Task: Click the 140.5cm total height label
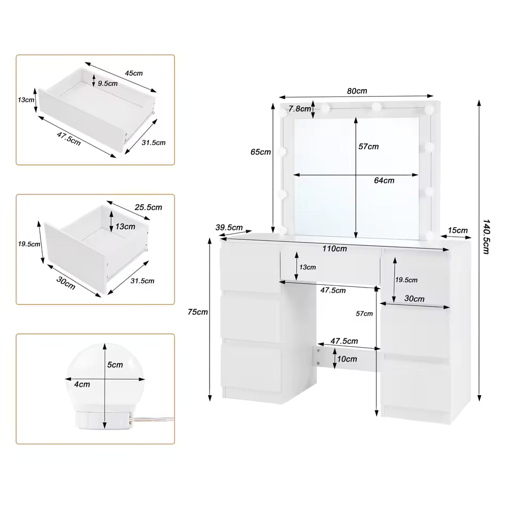tap(486, 236)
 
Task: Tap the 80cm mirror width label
tap(357, 91)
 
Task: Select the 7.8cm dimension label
tap(299, 109)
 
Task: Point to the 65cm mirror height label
tap(260, 152)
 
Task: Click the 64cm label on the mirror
tap(384, 180)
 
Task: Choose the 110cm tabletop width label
tap(334, 248)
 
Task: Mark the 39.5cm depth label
tap(229, 228)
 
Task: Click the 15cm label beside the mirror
tap(458, 230)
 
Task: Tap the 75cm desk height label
tap(198, 312)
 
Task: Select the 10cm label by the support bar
tap(347, 359)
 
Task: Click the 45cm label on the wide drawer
tap(133, 73)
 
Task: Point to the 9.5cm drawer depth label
tap(108, 83)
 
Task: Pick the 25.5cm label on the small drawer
tap(148, 207)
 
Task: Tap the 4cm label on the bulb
tap(82, 383)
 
